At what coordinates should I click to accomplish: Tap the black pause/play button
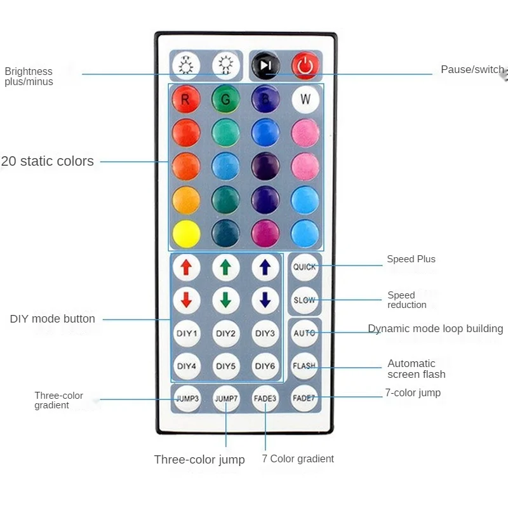point(265,65)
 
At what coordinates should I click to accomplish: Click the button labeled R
point(186,99)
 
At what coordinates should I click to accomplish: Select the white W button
point(305,99)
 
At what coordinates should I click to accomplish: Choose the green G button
point(225,99)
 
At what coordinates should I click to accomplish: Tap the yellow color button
point(186,233)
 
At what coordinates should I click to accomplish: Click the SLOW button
point(304,300)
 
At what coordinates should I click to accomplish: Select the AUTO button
point(304,333)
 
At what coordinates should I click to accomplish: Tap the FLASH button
point(304,366)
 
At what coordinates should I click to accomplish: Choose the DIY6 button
point(265,366)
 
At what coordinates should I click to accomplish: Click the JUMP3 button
point(187,399)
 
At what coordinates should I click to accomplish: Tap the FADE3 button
point(265,399)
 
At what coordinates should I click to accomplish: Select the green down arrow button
point(225,300)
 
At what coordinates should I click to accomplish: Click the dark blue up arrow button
point(265,267)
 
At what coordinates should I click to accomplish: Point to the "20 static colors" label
point(48,161)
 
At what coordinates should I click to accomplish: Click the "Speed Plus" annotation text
point(411,259)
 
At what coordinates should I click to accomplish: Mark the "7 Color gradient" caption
point(298,458)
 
